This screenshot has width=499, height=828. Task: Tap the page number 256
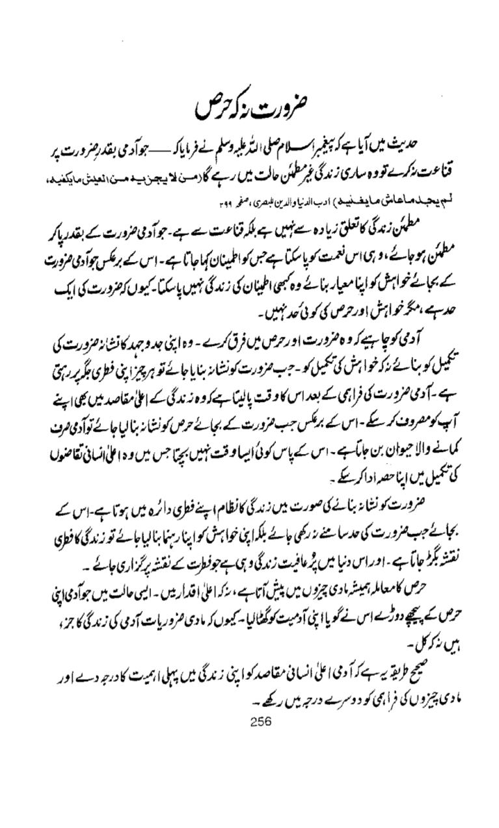click(260, 721)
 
